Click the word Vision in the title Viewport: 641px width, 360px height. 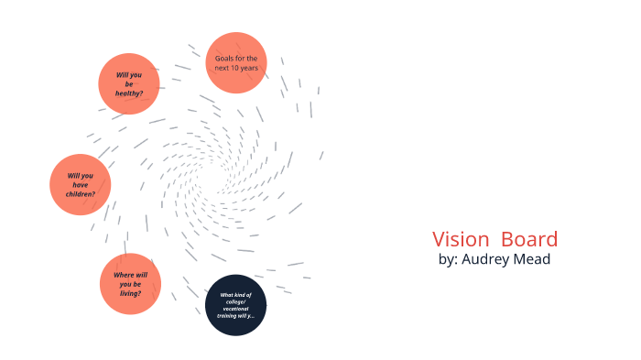[461, 240]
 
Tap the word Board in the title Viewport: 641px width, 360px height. [529, 240]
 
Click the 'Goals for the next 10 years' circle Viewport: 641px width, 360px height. [236, 62]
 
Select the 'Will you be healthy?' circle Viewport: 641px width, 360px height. [129, 83]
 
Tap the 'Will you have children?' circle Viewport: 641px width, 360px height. [80, 185]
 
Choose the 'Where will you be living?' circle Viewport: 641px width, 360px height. [130, 284]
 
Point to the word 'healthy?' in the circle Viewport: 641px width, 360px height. [129, 94]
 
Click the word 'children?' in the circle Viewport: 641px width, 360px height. [81, 195]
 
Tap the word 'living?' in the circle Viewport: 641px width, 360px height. [130, 295]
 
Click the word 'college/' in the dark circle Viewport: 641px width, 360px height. [235, 302]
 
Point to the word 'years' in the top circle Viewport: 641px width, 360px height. [251, 68]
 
